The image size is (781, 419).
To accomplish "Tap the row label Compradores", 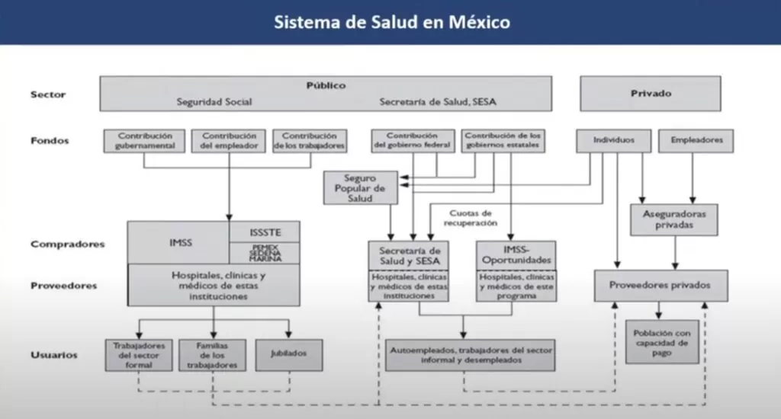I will tap(67, 245).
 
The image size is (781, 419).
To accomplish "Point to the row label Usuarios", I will tap(53, 355).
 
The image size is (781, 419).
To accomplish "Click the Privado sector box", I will tap(651, 94).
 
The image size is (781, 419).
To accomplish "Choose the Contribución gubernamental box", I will tap(144, 140).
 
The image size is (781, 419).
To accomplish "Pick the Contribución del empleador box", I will tap(228, 140).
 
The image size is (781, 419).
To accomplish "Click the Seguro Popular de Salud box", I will tap(361, 187).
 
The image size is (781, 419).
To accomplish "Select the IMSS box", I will tap(180, 243).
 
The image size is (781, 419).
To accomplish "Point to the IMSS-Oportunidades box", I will tap(516, 256).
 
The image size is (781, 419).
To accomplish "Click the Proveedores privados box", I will tap(660, 285).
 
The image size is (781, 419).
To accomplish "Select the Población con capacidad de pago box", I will tap(661, 342).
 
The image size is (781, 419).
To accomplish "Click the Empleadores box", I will tap(696, 140).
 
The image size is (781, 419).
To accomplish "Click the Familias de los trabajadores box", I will tap(207, 354).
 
